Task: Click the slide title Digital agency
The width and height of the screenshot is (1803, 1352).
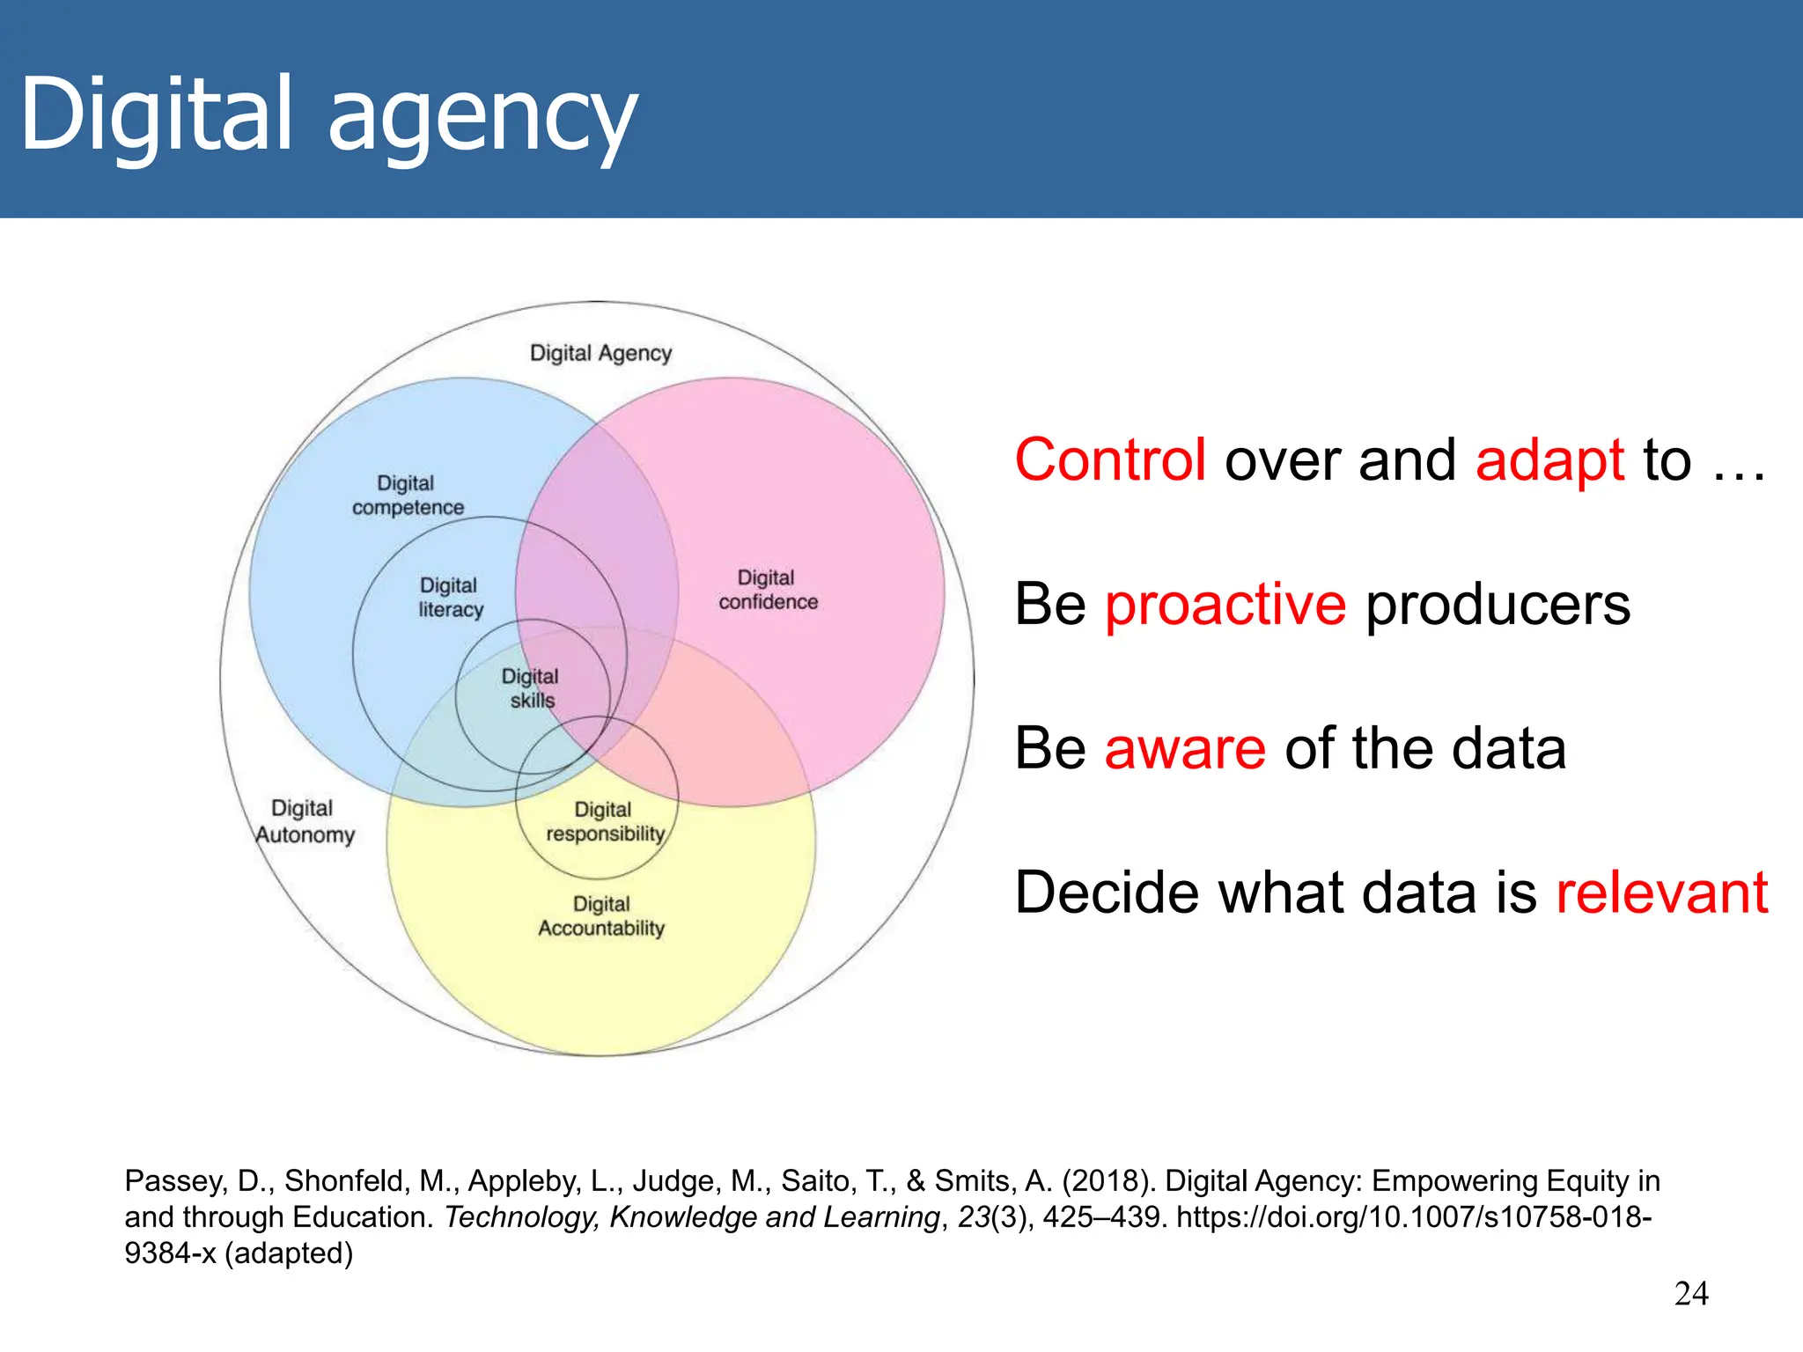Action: point(327,114)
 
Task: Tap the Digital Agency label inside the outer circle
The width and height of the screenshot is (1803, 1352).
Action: point(600,353)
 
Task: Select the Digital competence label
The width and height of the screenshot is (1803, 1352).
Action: point(407,496)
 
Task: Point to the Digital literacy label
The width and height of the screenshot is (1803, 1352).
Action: point(450,598)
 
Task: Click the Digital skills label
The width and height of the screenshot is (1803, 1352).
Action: point(531,688)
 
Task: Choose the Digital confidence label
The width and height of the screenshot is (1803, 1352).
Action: point(768,590)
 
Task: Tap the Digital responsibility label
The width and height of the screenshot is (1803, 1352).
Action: point(605,821)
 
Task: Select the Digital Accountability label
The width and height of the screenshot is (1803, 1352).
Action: point(601,916)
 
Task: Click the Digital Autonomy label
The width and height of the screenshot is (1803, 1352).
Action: point(304,821)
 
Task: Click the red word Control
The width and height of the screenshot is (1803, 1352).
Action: point(1110,459)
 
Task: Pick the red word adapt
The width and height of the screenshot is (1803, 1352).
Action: point(1549,461)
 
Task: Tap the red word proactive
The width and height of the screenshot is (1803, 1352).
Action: point(1225,605)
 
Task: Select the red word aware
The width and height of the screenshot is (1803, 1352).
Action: point(1185,748)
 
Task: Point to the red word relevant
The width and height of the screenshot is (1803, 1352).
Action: point(1662,893)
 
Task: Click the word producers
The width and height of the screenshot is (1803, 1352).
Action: point(1498,605)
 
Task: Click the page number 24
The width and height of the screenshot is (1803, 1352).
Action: point(1691,1294)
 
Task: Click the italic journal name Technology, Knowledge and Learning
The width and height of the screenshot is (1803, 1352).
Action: point(692,1217)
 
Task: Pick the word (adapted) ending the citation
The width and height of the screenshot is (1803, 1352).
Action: point(289,1253)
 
